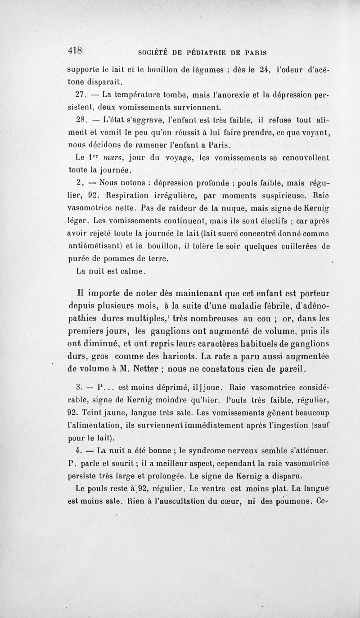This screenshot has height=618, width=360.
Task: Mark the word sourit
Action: pyautogui.click(x=118, y=463)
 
